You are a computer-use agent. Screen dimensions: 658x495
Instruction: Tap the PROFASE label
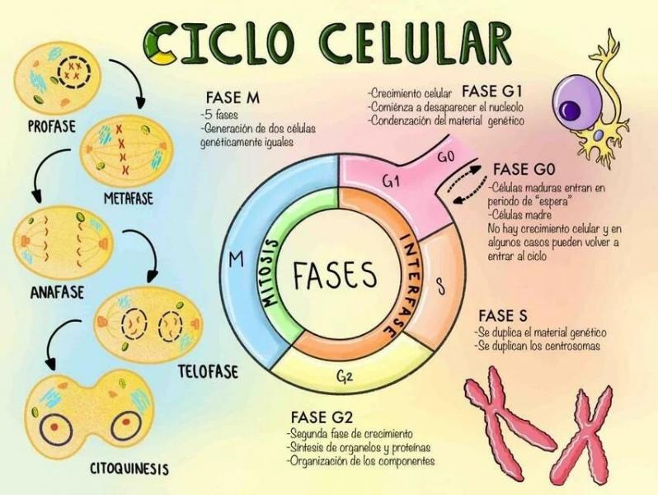pyautogui.click(x=52, y=126)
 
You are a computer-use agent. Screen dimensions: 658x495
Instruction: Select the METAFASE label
pyautogui.click(x=129, y=198)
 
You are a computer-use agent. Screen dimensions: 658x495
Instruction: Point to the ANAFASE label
pyautogui.click(x=57, y=293)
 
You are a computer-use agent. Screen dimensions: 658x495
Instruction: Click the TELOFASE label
pyautogui.click(x=208, y=371)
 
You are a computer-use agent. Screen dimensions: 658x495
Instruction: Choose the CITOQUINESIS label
pyautogui.click(x=129, y=468)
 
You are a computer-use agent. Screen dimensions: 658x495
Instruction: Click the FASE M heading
pyautogui.click(x=233, y=98)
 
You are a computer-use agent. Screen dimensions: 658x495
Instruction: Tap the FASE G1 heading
pyautogui.click(x=491, y=90)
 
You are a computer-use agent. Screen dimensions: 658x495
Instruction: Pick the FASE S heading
pyautogui.click(x=503, y=315)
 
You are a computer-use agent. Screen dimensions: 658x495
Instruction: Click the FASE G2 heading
pyautogui.click(x=322, y=417)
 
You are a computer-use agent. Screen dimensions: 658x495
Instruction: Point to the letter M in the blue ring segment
pyautogui.click(x=237, y=261)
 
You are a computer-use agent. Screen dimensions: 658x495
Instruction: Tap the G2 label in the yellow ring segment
pyautogui.click(x=345, y=376)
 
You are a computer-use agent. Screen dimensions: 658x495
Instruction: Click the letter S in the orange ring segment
pyautogui.click(x=439, y=286)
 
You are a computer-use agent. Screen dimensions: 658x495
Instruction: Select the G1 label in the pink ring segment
pyautogui.click(x=392, y=181)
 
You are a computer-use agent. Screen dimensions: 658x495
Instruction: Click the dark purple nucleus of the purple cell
pyautogui.click(x=571, y=110)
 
